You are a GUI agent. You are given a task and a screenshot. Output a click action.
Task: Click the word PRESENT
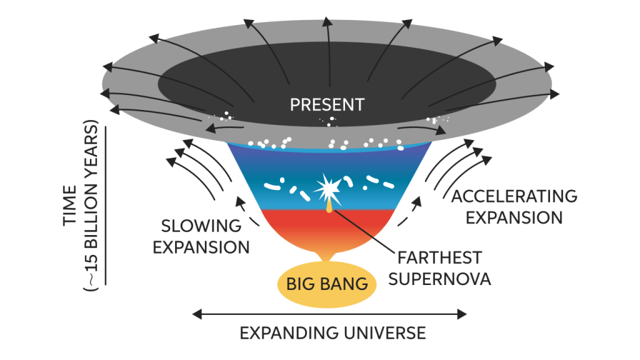tap(326, 104)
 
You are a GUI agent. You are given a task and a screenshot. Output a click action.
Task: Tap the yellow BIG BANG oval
tap(326, 284)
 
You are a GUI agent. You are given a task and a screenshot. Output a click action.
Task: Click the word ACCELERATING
tap(514, 196)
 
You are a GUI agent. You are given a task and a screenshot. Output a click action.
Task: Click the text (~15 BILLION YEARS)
tap(91, 206)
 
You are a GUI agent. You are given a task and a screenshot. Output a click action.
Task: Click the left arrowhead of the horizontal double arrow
tap(196, 312)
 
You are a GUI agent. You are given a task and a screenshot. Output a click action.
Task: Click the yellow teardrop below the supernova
tap(329, 204)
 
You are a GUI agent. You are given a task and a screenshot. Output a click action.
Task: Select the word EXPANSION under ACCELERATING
tap(514, 217)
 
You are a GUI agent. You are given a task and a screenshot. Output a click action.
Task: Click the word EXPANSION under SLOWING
tap(201, 247)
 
